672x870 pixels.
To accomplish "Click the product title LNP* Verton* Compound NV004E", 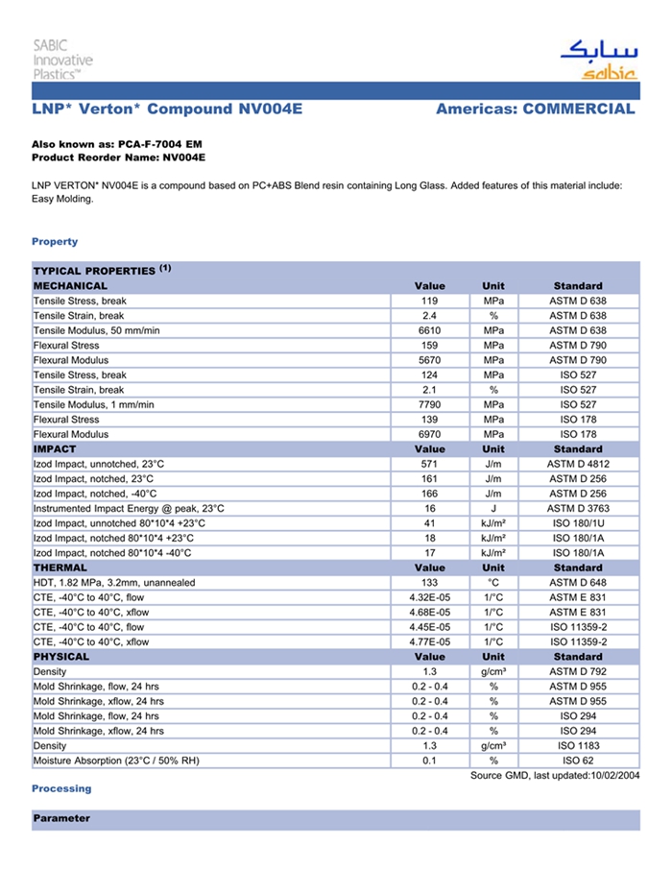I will click(167, 109).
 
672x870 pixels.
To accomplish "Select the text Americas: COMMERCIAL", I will click(535, 109).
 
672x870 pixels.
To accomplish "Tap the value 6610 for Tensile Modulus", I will click(429, 330).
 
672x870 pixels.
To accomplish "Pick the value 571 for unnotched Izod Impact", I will click(429, 464).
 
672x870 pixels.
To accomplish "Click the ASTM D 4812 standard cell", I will click(578, 464).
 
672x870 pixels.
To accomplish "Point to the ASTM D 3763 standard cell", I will click(578, 508).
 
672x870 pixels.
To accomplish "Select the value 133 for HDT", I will click(429, 583).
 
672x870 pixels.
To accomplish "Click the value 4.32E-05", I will click(429, 597).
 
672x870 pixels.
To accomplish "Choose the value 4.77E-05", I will click(429, 642).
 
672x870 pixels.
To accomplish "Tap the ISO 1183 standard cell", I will click(578, 746).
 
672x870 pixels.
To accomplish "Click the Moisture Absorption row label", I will click(116, 761).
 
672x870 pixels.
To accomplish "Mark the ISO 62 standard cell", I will click(578, 761).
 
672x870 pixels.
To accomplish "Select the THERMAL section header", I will click(61, 568).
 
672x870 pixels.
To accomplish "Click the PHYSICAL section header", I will click(61, 657).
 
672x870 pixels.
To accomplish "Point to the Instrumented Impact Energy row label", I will click(129, 508).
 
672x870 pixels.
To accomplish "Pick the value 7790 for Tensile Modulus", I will click(429, 404).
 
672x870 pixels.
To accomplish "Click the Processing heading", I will click(61, 788).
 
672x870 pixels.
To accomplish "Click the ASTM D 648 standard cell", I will click(578, 583).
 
